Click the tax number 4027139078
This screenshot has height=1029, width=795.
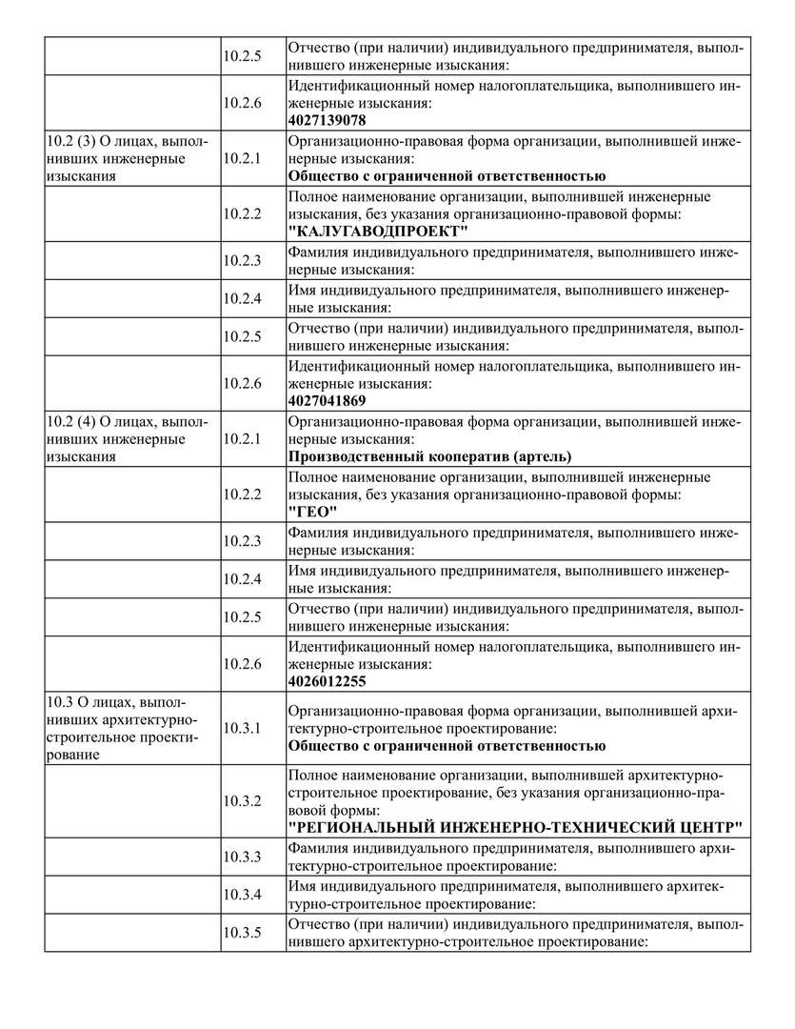pos(328,120)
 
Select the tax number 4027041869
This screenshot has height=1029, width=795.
pos(328,400)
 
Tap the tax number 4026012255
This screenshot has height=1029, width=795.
pos(328,681)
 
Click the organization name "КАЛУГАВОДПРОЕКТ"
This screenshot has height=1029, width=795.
pos(378,232)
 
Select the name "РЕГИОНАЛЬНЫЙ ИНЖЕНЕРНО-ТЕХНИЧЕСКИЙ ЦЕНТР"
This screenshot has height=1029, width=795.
pos(515,825)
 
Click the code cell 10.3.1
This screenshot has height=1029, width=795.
pos(242,728)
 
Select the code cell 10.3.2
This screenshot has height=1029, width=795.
pos(242,800)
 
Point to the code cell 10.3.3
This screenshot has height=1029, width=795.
pos(242,857)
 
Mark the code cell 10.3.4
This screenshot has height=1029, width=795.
pos(242,895)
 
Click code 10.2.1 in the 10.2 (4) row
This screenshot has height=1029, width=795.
pos(242,439)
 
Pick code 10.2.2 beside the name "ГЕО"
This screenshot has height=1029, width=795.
pos(242,494)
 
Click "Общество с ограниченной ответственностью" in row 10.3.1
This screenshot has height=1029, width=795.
pos(447,745)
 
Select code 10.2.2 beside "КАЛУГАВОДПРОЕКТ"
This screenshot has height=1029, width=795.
pos(242,214)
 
